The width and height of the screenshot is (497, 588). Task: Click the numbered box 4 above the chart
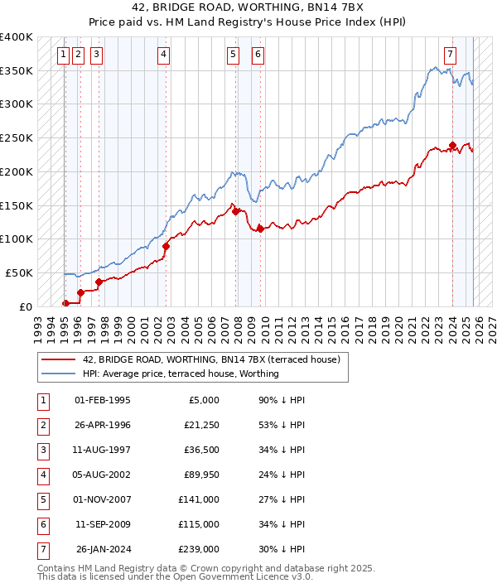164,55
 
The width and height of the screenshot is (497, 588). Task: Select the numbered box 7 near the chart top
450,55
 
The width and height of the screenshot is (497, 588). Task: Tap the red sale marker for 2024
452,145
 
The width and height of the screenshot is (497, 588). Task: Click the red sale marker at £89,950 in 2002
166,246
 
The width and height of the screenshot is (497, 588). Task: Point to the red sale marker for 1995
65,303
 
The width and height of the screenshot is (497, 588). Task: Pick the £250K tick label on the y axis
17,138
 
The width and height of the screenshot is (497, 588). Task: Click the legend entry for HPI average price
181,374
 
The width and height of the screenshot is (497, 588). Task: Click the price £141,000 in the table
199,499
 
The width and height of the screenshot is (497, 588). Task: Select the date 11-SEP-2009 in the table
103,524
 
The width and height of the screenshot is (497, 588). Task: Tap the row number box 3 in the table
41,450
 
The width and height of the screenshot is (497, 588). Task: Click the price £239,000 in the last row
199,549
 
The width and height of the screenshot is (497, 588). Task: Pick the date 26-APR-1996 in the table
103,425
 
